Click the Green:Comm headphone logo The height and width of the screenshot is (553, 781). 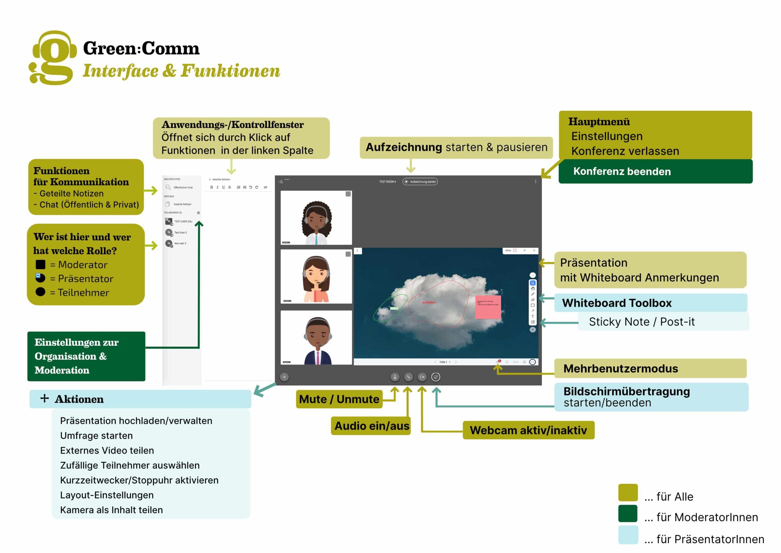53,57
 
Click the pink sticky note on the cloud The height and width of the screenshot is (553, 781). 488,307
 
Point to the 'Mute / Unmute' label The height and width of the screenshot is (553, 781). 339,399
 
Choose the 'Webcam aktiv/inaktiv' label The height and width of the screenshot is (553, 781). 528,430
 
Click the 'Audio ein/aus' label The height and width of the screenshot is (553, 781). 372,426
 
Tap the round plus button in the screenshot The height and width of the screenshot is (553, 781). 284,377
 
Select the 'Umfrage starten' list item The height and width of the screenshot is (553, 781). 96,435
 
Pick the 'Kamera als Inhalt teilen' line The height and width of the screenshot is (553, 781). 111,510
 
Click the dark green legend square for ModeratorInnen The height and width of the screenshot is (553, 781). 628,514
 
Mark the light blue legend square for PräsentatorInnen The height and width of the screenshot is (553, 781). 628,535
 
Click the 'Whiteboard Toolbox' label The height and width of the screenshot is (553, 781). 616,303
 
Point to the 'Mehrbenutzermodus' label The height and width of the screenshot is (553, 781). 621,369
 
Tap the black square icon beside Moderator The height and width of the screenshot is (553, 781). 41,264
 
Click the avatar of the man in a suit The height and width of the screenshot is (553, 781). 317,340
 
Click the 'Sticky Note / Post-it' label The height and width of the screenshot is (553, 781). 642,322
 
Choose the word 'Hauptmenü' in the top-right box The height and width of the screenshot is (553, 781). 599,122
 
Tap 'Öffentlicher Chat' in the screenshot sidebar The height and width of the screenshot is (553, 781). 183,187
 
